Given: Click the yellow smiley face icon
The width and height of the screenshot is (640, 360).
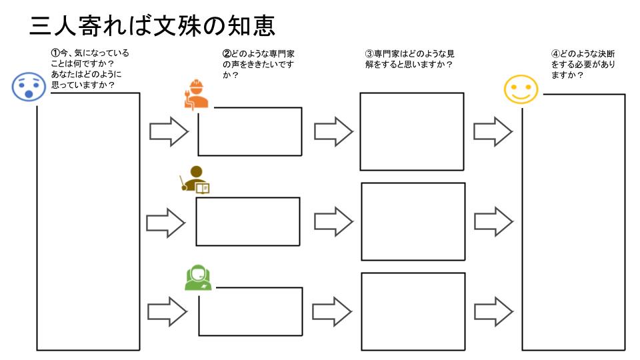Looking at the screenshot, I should click(x=521, y=89).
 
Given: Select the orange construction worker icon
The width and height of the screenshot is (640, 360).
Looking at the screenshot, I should click(x=196, y=95).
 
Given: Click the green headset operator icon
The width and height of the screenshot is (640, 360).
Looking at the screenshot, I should click(x=198, y=277).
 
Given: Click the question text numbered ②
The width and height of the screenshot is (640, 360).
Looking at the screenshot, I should click(x=259, y=63).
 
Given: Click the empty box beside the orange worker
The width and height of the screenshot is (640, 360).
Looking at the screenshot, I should click(x=250, y=131).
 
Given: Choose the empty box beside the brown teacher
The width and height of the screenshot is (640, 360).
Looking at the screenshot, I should click(x=247, y=221).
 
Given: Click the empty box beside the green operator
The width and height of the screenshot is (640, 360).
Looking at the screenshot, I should click(x=250, y=311).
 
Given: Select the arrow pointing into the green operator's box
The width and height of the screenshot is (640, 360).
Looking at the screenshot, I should click(x=166, y=311).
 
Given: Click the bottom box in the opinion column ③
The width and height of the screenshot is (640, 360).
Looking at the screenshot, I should click(x=412, y=311).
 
